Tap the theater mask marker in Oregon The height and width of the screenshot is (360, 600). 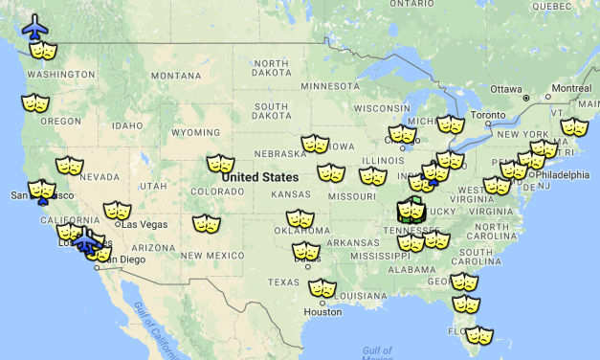pyautogui.click(x=34, y=102)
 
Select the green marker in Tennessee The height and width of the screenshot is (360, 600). pyautogui.click(x=411, y=209)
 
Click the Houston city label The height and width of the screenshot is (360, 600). pyautogui.click(x=322, y=312)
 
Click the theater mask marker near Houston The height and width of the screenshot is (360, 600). pyautogui.click(x=322, y=288)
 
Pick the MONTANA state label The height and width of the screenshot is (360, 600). pyautogui.click(x=176, y=76)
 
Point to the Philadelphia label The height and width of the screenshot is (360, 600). pyautogui.click(x=562, y=175)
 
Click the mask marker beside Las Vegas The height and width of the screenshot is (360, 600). pyautogui.click(x=117, y=211)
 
